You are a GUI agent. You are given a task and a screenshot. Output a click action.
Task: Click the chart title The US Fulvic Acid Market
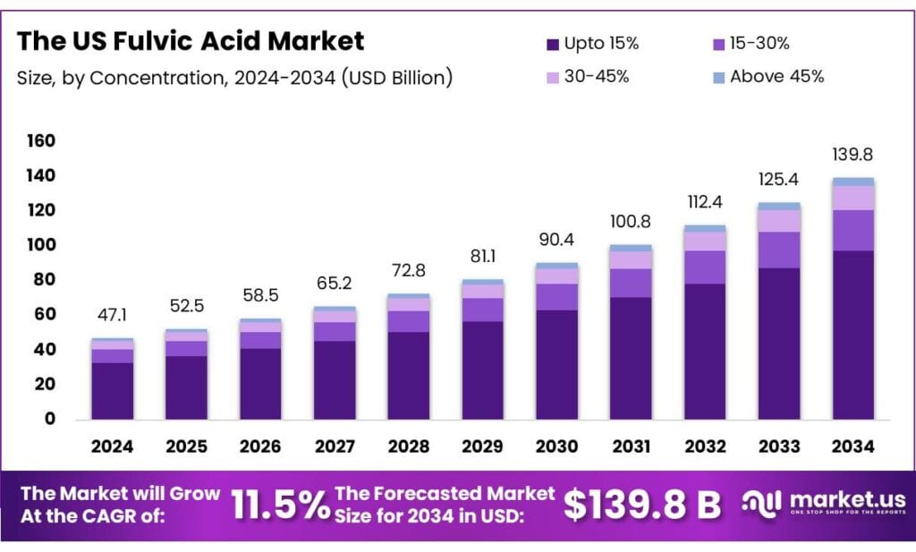[x=191, y=41]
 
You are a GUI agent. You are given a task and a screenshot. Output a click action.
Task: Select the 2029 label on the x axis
[x=482, y=446]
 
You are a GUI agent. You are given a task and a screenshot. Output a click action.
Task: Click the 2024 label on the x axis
[x=112, y=446]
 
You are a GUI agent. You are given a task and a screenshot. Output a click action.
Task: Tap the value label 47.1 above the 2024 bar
[x=112, y=316]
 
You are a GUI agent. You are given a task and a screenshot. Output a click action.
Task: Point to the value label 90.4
[x=556, y=240]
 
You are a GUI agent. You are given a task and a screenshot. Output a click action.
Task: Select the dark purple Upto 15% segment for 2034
[x=852, y=335]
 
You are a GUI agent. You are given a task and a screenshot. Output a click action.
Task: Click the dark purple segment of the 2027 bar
[x=334, y=379]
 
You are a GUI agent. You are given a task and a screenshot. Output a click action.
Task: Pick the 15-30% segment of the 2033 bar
[x=778, y=250]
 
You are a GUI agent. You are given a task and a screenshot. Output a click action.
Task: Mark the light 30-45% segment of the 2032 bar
[x=704, y=241]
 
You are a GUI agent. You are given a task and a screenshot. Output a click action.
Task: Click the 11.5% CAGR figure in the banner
[x=279, y=505]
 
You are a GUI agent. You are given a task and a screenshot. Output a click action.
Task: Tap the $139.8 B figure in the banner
[x=641, y=505]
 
